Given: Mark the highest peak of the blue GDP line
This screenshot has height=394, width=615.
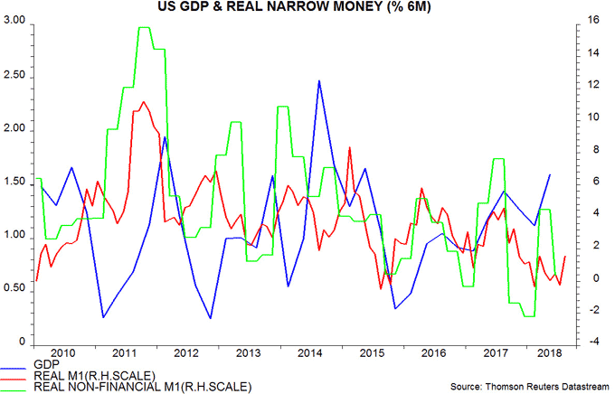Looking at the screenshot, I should point(319,81).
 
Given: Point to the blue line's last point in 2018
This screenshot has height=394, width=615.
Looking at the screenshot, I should point(550,174).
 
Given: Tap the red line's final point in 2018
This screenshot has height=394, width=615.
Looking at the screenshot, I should point(565,256).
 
